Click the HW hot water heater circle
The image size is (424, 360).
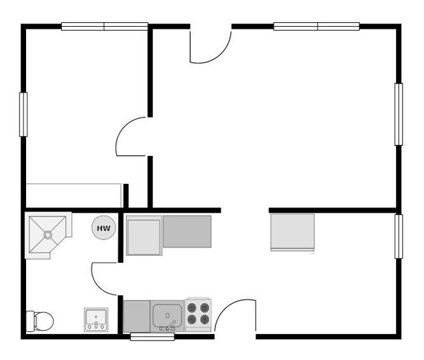(103, 228)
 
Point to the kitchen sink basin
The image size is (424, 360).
(168, 316)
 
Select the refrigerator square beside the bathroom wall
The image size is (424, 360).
(144, 235)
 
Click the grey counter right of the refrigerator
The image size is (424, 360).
(187, 232)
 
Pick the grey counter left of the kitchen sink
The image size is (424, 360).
(136, 316)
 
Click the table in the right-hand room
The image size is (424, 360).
(292, 232)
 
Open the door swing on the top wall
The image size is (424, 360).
(210, 46)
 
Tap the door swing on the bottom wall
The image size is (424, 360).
(235, 316)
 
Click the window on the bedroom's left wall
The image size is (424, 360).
(23, 114)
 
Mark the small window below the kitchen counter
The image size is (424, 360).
(152, 337)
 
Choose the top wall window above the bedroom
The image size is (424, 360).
(104, 27)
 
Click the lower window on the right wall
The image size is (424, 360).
(399, 236)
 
